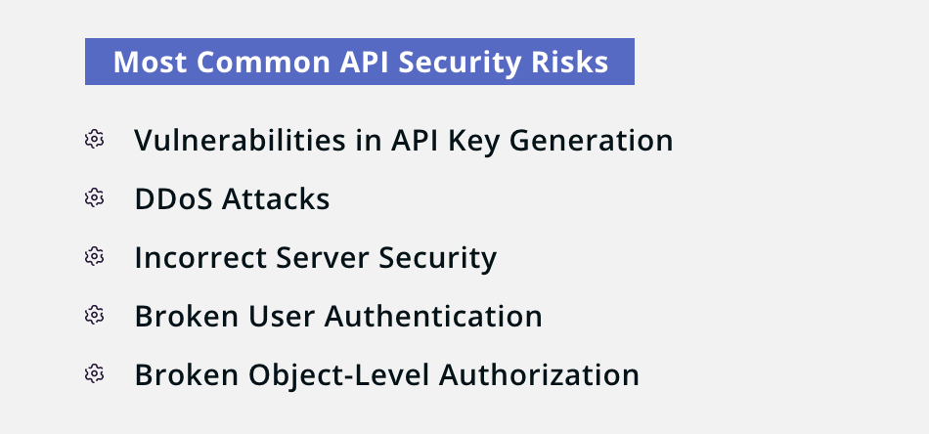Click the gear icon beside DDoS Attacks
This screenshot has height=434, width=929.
(x=94, y=197)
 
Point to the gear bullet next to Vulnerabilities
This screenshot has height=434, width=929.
(x=94, y=139)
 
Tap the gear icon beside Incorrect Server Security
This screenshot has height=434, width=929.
(x=94, y=256)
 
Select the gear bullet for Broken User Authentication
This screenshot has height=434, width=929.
(x=94, y=315)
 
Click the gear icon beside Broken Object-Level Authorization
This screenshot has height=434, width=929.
(x=94, y=373)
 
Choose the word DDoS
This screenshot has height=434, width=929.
(x=174, y=199)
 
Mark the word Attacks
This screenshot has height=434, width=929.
(x=276, y=199)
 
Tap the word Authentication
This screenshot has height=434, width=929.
(x=433, y=316)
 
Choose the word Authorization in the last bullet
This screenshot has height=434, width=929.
(x=539, y=374)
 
